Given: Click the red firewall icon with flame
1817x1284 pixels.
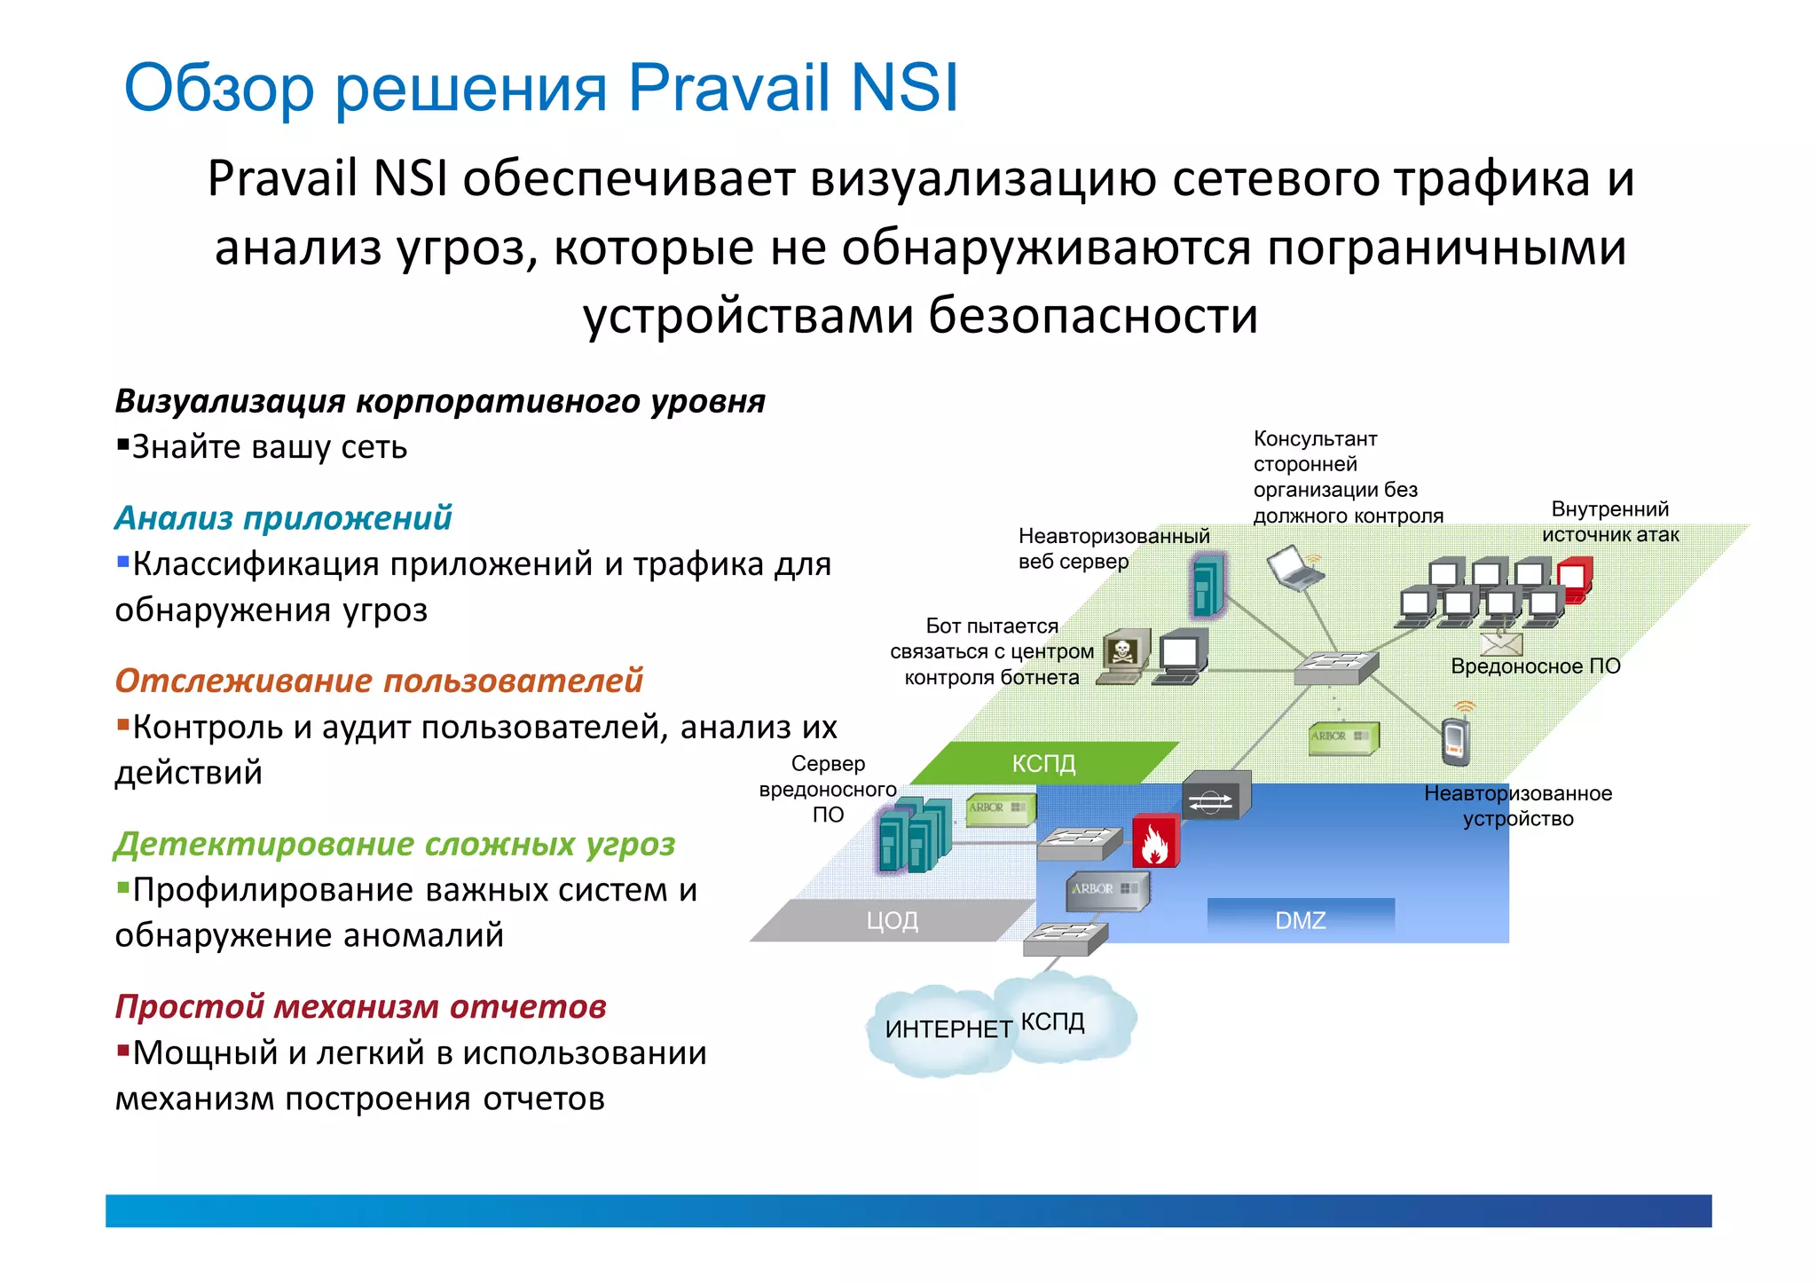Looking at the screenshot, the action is tap(1154, 841).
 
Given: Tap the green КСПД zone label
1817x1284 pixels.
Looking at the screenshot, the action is tap(1043, 763).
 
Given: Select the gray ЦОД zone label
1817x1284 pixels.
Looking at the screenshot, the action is tap(892, 920).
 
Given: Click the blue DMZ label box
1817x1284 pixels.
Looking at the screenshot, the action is tap(1300, 920).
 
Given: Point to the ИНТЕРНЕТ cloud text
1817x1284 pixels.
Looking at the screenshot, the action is tap(948, 1029).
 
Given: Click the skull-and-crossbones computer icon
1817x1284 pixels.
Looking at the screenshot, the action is tap(1124, 655).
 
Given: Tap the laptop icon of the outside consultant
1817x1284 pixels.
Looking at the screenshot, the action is tap(1294, 569).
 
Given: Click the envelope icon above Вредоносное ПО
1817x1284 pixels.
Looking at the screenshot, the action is tap(1501, 642).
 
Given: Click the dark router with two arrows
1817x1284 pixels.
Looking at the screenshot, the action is tap(1215, 797).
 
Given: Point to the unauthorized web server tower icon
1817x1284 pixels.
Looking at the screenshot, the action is tap(1207, 585).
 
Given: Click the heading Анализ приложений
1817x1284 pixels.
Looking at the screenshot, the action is tap(283, 517).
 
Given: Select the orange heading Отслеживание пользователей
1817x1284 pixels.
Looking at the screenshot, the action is tap(378, 681).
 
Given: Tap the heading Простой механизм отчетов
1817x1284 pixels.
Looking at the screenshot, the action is tap(360, 1006).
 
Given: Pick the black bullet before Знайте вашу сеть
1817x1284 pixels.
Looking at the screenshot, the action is tap(123, 444).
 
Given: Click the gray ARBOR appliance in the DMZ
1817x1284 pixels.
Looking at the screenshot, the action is tap(1106, 890).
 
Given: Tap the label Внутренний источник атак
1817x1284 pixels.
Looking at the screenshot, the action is tap(1609, 522).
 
